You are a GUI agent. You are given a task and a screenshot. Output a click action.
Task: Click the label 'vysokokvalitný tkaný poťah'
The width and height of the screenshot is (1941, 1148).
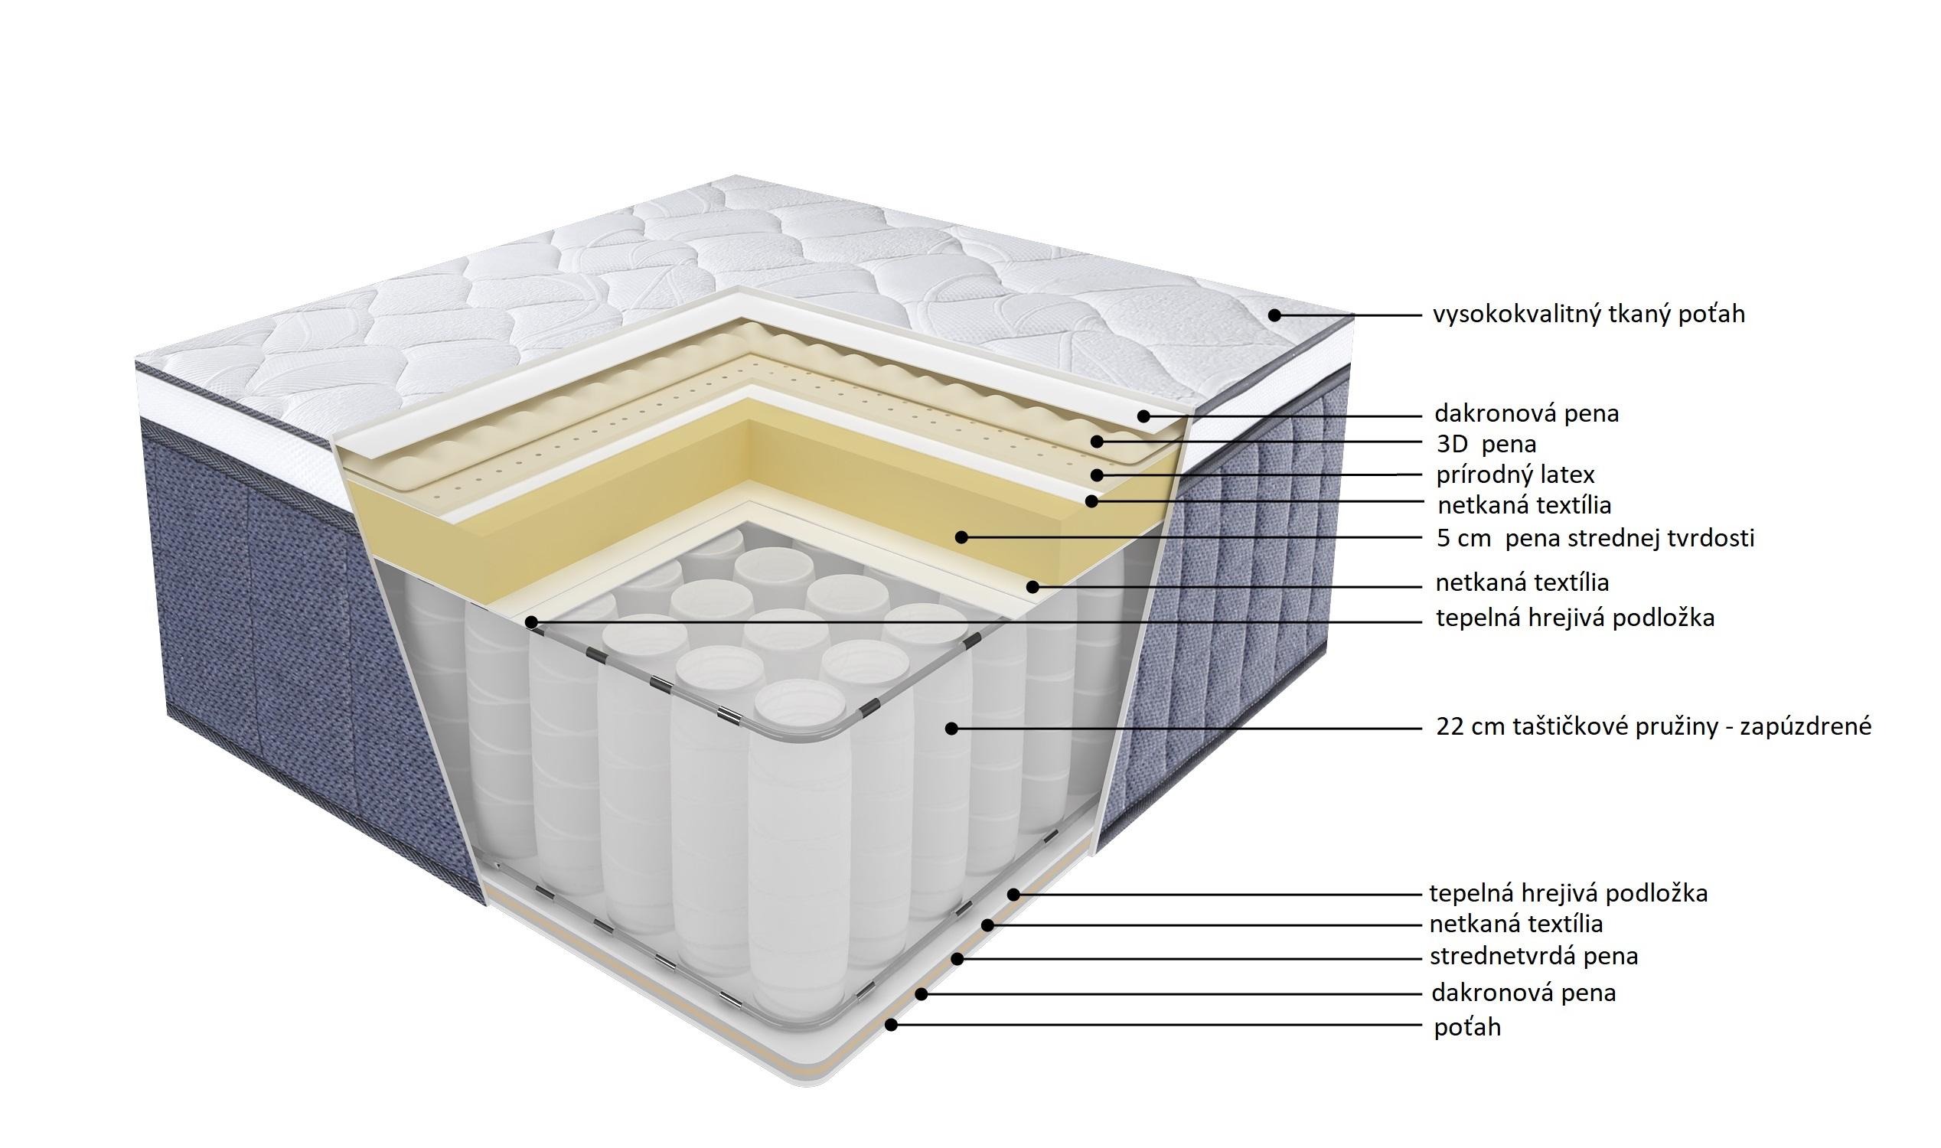[x=1589, y=314]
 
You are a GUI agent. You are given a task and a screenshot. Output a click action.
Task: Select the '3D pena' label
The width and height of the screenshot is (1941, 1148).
[x=1486, y=444]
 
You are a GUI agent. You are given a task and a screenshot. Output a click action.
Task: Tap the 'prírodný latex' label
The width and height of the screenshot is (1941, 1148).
[x=1515, y=475]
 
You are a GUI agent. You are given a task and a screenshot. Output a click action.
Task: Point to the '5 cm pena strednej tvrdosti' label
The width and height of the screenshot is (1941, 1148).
[x=1596, y=537]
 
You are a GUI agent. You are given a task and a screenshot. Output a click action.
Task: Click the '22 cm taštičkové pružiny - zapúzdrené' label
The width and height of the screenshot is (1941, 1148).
[x=1654, y=726]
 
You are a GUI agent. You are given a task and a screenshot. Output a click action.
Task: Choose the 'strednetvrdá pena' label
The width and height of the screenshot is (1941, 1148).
[x=1533, y=956]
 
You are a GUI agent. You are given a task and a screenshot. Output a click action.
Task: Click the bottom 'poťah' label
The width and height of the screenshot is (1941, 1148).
[x=1467, y=1026]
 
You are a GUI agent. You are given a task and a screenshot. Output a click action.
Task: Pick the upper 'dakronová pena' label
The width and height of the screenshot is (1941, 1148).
[x=1526, y=413]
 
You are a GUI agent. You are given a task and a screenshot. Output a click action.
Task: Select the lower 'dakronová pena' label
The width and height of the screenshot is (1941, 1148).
[x=1523, y=993]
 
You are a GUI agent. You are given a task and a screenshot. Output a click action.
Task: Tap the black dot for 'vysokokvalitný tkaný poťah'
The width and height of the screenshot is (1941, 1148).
[x=1274, y=315]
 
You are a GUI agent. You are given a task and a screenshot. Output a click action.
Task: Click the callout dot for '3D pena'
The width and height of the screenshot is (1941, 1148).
[x=1096, y=442]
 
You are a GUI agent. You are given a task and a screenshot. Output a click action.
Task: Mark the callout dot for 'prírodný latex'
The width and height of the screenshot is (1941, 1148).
[x=1096, y=475]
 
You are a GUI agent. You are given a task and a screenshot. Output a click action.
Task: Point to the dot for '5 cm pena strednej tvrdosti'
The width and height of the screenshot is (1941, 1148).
[x=961, y=536]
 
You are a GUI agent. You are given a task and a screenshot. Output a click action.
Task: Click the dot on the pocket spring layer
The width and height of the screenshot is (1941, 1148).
[x=951, y=728]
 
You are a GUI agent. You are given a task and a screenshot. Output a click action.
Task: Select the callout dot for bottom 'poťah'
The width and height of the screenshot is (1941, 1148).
[x=891, y=1024]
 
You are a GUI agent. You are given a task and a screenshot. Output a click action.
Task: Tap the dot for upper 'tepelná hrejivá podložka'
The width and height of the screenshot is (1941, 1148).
[x=530, y=622]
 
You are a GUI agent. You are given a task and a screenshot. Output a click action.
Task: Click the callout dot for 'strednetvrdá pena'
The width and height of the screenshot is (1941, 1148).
[x=957, y=958]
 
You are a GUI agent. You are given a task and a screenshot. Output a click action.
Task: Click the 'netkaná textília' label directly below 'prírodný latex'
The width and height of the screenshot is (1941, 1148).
[x=1524, y=505]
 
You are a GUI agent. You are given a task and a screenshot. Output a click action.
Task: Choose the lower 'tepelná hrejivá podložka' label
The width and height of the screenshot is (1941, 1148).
[x=1568, y=893]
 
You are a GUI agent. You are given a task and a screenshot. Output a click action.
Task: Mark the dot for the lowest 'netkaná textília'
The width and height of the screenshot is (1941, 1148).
[x=987, y=925]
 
